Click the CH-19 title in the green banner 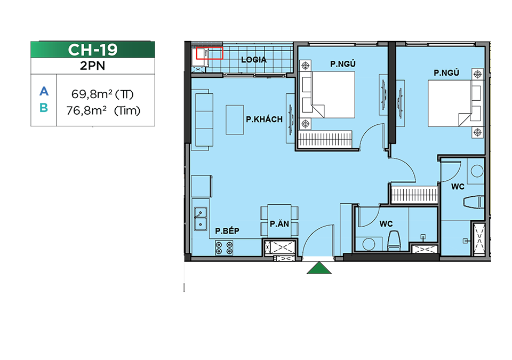point(93,50)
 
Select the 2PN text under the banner point(92,66)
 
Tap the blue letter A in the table point(44,91)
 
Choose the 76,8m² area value point(86,111)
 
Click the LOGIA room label point(254,60)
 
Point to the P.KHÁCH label point(264,119)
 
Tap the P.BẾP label point(227,230)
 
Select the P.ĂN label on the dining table point(279,224)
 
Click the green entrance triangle point(319,268)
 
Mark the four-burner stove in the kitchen point(224,247)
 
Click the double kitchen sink point(200,219)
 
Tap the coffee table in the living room point(235,119)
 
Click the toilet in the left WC point(394,240)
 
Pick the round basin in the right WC point(477,171)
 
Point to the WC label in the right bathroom point(458,187)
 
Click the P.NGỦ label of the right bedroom point(446,73)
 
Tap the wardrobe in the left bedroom point(325,139)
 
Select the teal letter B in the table point(44,108)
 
